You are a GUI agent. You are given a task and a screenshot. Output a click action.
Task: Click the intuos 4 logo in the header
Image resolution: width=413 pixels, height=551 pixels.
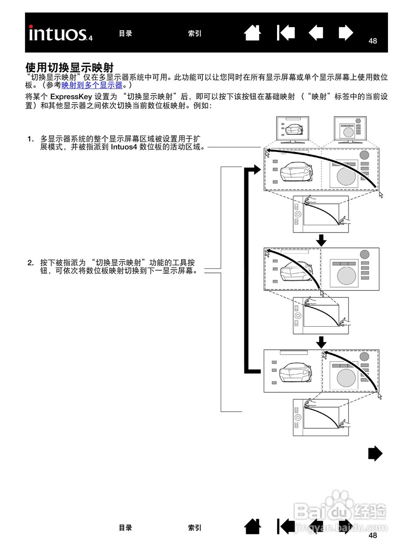[60, 34]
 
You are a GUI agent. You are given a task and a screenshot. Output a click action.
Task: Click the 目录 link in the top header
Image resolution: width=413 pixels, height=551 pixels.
[125, 34]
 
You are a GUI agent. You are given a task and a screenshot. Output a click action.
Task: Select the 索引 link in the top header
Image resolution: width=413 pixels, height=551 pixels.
[194, 34]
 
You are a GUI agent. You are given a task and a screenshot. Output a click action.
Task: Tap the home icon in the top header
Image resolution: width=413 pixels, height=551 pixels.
[253, 33]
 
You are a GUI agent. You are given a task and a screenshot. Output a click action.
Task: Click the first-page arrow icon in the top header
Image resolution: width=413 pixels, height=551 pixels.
[286, 33]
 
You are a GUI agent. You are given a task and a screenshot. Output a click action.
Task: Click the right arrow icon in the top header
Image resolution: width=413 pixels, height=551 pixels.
[345, 33]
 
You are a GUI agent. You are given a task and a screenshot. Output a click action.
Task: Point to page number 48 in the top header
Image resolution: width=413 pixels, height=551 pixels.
[373, 41]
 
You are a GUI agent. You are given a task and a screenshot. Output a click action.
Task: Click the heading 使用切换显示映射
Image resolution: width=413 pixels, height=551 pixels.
[69, 67]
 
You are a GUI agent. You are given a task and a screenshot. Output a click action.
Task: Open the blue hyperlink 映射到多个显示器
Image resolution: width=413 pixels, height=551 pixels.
[92, 85]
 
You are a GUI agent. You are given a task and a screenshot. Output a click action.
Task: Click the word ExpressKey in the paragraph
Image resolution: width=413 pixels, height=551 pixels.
[71, 96]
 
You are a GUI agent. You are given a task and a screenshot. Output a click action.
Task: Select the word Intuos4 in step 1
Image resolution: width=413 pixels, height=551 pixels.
[124, 147]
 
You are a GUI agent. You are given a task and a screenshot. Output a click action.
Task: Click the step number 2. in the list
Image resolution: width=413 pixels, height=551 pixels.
[31, 263]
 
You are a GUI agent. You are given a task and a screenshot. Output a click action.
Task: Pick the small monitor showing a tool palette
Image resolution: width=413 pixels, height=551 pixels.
[350, 130]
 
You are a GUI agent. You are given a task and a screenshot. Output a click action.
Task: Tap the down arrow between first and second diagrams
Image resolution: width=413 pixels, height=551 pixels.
[321, 240]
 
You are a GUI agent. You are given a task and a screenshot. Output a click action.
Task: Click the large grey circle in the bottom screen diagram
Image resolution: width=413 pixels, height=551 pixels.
[346, 378]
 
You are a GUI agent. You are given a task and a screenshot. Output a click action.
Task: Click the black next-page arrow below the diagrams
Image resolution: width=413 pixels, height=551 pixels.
[375, 453]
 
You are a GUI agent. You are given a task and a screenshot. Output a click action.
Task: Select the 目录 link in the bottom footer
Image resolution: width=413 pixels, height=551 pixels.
[125, 528]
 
